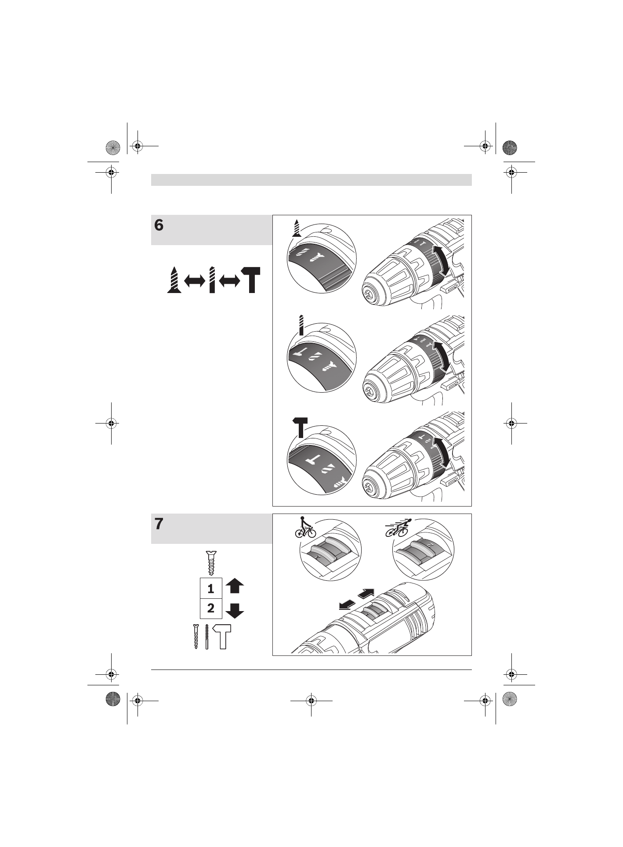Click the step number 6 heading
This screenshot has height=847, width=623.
tap(159, 225)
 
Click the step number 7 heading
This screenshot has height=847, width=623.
tap(159, 524)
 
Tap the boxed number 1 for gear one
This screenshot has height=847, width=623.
tap(211, 588)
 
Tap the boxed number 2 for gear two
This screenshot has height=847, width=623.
tap(211, 608)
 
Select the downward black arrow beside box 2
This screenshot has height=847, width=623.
tap(235, 610)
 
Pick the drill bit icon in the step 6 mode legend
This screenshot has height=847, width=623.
tap(212, 279)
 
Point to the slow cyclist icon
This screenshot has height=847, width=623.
tap(305, 528)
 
